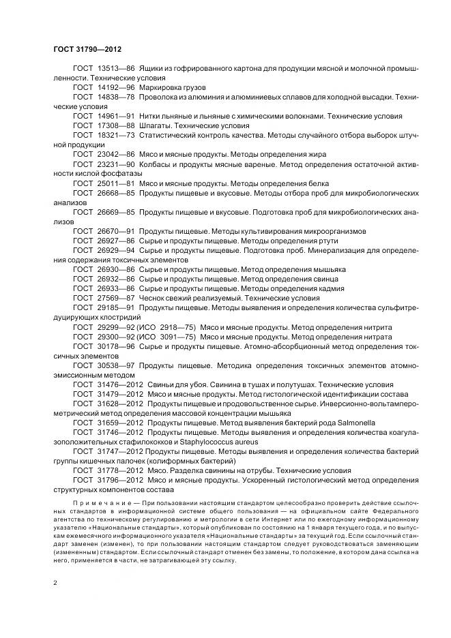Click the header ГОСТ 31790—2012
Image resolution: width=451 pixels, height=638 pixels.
point(87,48)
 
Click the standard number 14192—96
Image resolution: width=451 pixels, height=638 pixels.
point(115,88)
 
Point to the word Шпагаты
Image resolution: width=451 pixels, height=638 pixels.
point(155,126)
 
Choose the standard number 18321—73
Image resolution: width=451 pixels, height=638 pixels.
point(115,136)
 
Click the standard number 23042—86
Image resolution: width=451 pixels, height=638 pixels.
point(115,155)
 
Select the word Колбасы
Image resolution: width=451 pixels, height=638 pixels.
point(155,164)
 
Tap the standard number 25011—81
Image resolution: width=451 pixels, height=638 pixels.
point(115,183)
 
